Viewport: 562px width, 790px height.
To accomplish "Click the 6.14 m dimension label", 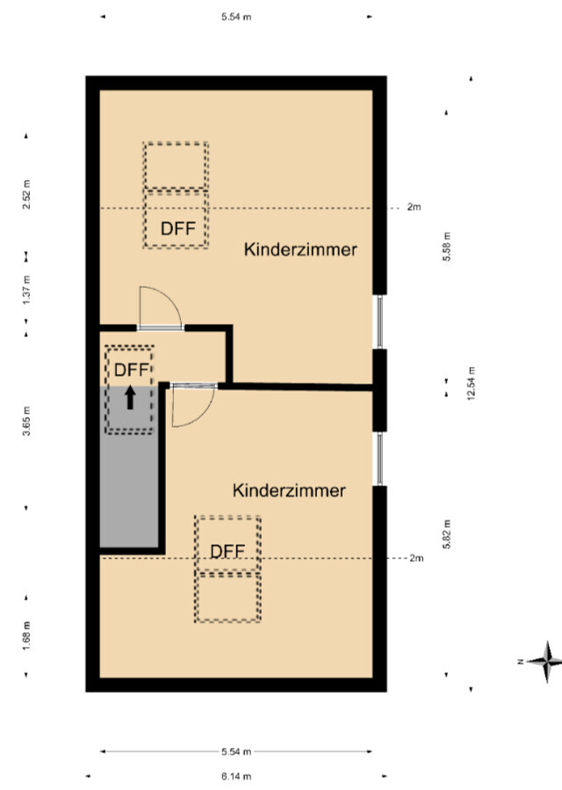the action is [x=236, y=777].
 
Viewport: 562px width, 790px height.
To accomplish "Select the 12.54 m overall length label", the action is [x=472, y=384].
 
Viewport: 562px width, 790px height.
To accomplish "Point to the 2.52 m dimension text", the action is [x=26, y=195].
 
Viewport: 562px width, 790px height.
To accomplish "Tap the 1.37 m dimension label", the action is [x=26, y=289].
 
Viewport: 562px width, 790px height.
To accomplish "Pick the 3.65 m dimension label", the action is [x=26, y=420].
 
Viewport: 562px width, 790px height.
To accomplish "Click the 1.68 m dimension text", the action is [x=26, y=636].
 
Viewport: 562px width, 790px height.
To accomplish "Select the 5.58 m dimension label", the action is [x=447, y=247].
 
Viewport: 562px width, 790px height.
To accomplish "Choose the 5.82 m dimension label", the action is [x=447, y=534].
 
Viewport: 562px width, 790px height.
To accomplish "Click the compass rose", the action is [x=546, y=662].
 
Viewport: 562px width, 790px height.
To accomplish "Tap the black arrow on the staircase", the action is [x=130, y=398].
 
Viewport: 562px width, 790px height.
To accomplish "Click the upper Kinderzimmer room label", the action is [x=300, y=249].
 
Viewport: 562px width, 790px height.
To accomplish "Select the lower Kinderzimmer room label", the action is [x=289, y=490].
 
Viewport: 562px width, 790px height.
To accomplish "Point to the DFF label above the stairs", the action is [x=132, y=370].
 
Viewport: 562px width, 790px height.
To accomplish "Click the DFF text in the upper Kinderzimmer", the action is [x=178, y=228].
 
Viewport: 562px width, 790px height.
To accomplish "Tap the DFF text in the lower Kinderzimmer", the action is [x=227, y=551].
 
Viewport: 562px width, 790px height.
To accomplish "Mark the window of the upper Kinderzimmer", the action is [x=379, y=321].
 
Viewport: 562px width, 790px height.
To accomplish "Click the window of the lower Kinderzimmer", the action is [x=379, y=458].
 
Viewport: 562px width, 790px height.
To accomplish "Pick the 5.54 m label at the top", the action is [x=236, y=17].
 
